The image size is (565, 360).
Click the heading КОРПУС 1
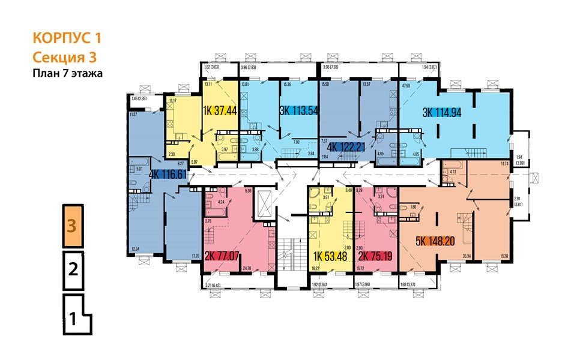(66, 39)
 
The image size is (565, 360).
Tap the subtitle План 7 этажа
(68, 74)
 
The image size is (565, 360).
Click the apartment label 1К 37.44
(221, 109)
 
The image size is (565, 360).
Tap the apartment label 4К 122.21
(346, 145)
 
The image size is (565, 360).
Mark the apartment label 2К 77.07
(222, 256)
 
